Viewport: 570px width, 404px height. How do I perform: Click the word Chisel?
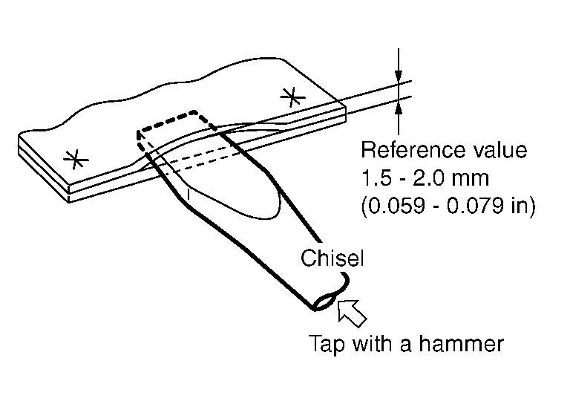[x=332, y=259]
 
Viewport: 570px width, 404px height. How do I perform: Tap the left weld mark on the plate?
[x=73, y=158]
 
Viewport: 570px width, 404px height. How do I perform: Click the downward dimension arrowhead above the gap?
[x=399, y=75]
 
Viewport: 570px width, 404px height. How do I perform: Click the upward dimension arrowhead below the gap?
[x=399, y=107]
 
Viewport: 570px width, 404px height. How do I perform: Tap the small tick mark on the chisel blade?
[x=190, y=195]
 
